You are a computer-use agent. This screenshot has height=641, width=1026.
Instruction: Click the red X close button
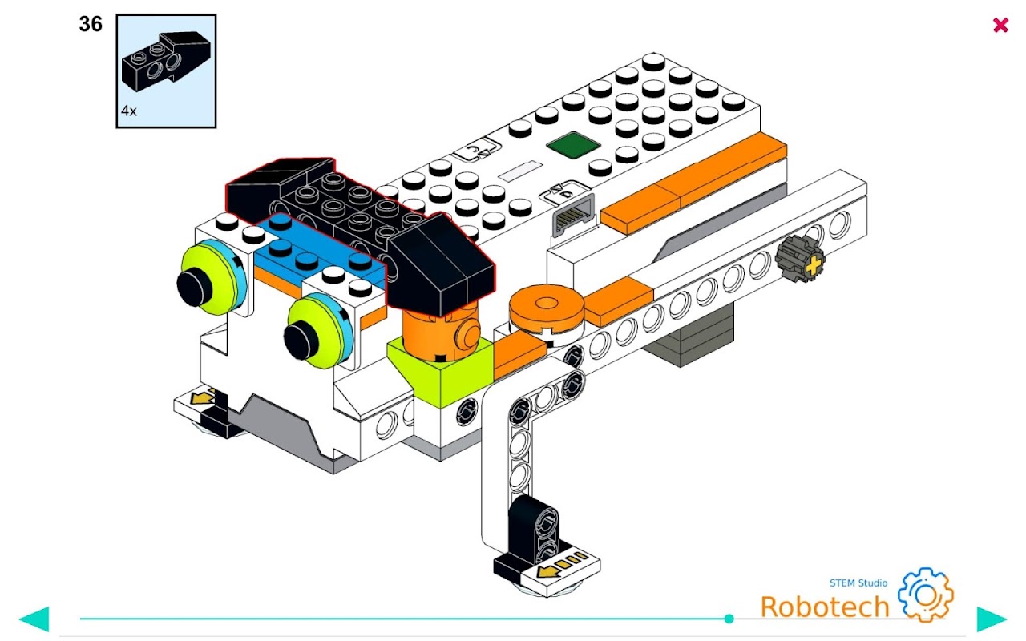[1000, 25]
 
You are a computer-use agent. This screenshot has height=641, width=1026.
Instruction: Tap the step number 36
[91, 25]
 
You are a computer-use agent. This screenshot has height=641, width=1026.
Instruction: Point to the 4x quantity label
[129, 111]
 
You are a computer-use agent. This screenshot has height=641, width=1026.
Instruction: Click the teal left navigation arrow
[34, 619]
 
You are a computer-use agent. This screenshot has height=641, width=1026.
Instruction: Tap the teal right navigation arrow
[991, 619]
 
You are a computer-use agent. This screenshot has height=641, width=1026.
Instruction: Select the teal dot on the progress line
[729, 619]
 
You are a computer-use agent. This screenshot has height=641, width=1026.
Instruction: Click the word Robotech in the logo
[824, 607]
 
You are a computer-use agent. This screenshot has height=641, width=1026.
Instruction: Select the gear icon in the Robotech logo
[925, 595]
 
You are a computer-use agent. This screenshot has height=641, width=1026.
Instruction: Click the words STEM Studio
[858, 583]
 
